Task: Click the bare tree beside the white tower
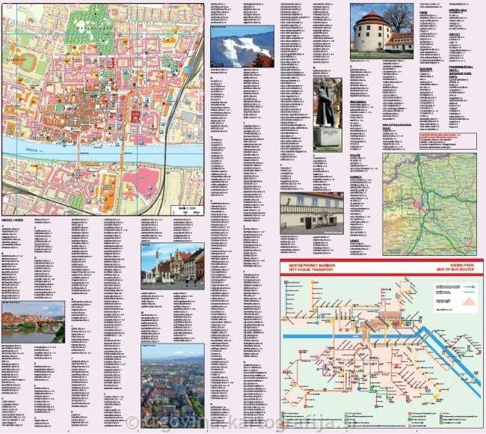pos(399,19)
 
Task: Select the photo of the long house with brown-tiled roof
pos(312,212)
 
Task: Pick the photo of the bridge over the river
pos(33,323)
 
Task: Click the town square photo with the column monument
pos(172,266)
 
